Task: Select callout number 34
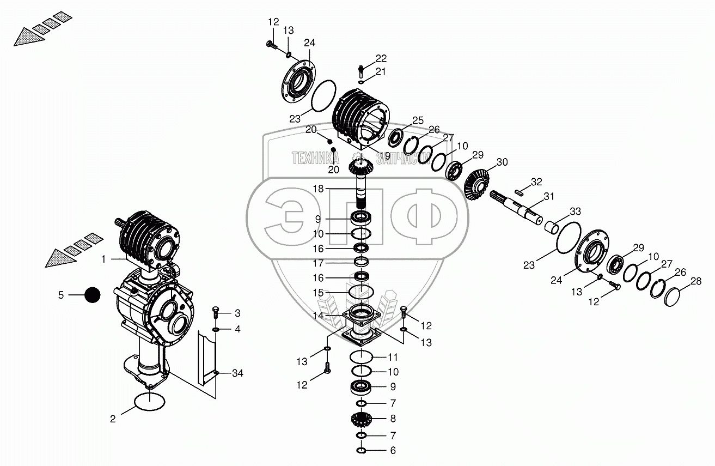237,373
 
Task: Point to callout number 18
318,188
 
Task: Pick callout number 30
502,162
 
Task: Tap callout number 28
695,281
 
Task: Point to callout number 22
381,58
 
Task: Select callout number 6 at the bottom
393,451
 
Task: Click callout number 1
103,259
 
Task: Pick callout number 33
575,211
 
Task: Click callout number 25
418,120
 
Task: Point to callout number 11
393,358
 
